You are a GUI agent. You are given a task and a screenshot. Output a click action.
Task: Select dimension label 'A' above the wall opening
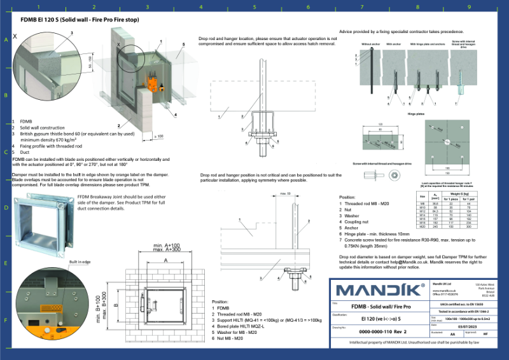pyautogui.click(x=166, y=260)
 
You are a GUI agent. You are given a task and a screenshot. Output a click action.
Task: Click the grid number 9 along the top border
pyautogui.click(x=469, y=7)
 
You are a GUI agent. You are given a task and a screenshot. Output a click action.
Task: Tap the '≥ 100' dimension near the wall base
pyautogui.click(x=160, y=135)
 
